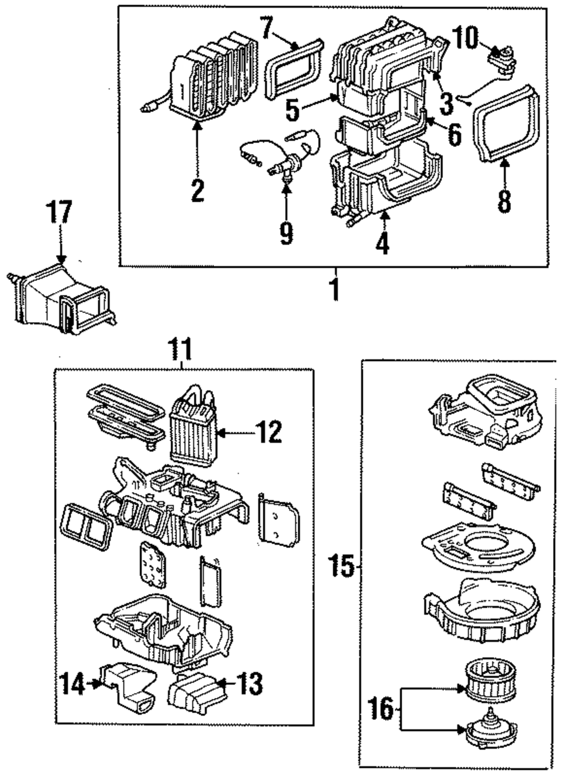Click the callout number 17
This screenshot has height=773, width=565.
pyautogui.click(x=59, y=214)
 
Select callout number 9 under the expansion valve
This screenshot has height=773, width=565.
pyautogui.click(x=286, y=232)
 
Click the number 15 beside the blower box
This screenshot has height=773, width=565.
pyautogui.click(x=342, y=566)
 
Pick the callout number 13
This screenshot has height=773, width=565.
pyautogui.click(x=250, y=684)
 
